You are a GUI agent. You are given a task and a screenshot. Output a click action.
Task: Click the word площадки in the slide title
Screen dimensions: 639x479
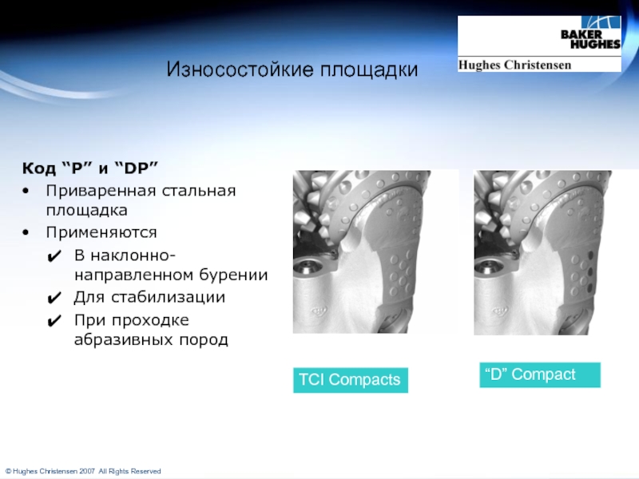(369, 70)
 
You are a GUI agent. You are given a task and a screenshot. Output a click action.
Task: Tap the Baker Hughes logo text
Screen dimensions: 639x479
(590, 39)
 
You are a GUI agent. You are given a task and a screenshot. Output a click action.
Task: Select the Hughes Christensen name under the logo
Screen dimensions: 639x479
(514, 65)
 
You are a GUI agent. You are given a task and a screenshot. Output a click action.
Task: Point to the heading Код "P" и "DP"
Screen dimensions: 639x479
(90, 168)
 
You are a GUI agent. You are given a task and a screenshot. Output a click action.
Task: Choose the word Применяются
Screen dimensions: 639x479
(101, 232)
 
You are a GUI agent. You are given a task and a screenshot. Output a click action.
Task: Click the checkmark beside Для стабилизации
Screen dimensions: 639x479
(54, 298)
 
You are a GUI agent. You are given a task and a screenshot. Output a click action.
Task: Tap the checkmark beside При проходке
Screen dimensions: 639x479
(54, 322)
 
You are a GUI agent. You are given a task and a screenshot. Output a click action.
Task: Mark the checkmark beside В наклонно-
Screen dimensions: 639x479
(54, 256)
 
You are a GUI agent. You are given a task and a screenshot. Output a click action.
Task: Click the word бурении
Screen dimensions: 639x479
(233, 275)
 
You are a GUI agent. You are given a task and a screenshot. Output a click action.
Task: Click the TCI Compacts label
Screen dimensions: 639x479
(351, 380)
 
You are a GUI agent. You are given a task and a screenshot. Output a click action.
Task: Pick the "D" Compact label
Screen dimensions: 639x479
(540, 374)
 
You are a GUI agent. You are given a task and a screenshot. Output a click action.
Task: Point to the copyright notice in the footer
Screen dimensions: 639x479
(83, 471)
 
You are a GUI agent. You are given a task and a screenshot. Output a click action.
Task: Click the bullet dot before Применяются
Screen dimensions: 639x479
(26, 232)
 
